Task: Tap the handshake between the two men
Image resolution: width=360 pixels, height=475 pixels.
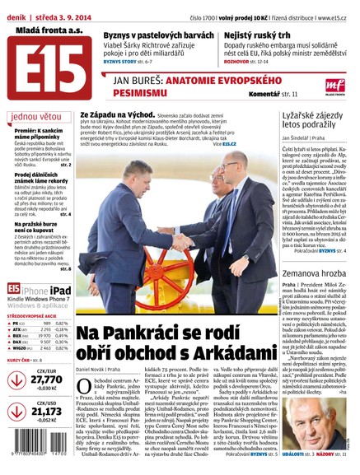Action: [x=177, y=242]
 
